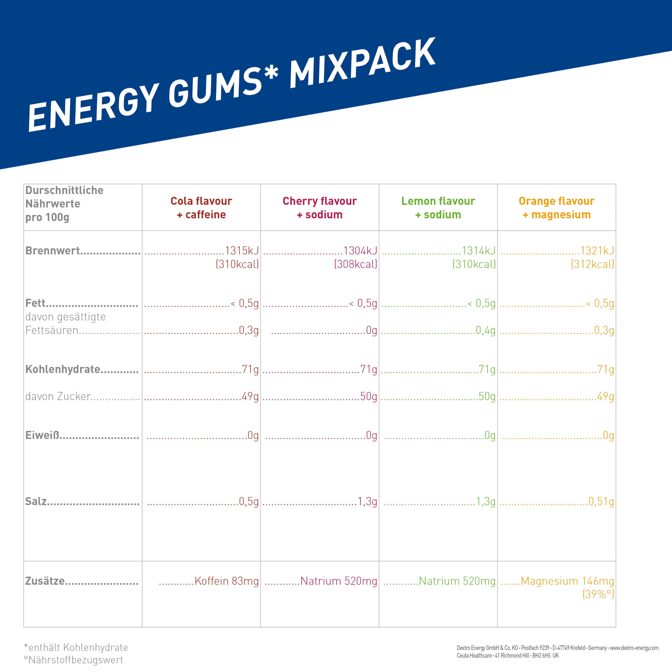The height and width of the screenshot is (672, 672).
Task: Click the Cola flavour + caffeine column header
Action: pos(201,208)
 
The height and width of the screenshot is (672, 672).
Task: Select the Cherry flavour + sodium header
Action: pos(320,208)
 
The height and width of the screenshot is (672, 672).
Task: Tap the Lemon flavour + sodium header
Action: pos(438,208)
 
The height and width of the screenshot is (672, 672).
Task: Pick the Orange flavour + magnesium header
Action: pos(556,208)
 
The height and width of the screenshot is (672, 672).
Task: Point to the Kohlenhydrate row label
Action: pos(63,369)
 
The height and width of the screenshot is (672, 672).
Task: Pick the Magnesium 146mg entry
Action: pos(567,581)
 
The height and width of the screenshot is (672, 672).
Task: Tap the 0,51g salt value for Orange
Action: pos(601,502)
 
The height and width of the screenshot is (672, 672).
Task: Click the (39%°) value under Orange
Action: pos(598,594)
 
